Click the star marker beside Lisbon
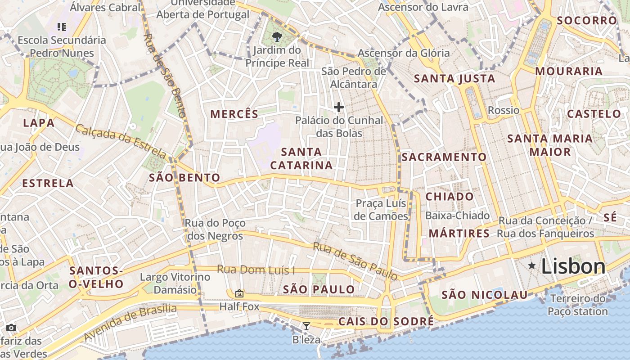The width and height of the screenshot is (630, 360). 532,266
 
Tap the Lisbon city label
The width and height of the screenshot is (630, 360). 573,266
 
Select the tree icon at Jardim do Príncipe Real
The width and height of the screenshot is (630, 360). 277,37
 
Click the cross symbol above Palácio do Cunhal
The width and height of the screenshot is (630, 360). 339,107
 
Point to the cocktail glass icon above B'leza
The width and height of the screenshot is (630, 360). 306,326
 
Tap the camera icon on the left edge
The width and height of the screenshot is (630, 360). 11,328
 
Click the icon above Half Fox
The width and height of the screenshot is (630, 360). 239,293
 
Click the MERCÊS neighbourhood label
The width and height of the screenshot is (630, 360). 234,114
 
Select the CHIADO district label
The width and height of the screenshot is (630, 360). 450,197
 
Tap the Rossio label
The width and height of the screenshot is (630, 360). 504,110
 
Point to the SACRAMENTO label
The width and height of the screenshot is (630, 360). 444,157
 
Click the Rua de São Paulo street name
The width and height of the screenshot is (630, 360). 355,261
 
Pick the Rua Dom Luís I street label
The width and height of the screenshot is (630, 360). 256,270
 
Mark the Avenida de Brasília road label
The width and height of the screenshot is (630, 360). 130,323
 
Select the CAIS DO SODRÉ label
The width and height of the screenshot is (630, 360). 386,321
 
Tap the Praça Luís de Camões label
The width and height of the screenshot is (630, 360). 381,210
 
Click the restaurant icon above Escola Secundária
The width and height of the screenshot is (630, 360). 62,27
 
